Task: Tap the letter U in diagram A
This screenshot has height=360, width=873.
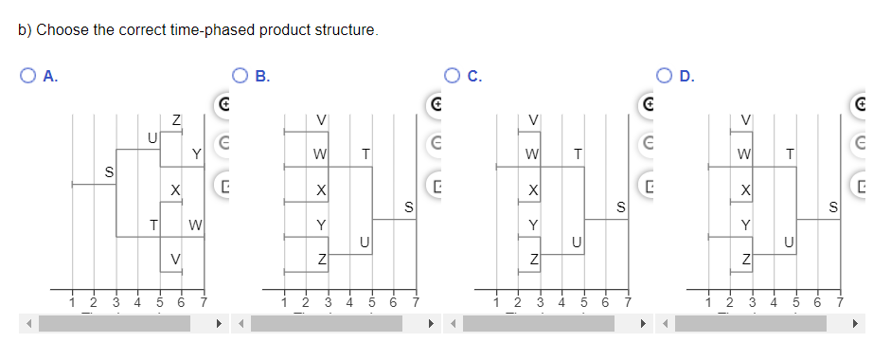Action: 151,138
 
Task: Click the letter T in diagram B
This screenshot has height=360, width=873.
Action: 365,153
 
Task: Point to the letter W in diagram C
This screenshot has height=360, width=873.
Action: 533,153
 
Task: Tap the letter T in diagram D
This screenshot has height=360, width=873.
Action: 789,153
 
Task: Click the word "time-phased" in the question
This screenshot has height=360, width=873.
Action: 190,30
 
